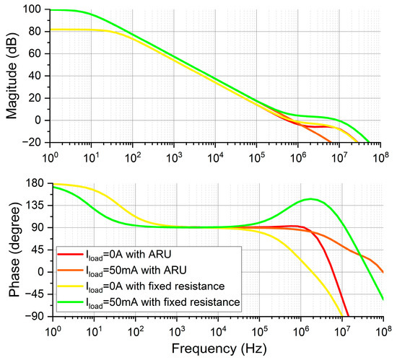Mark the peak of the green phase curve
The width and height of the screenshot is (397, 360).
pyautogui.click(x=311, y=198)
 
